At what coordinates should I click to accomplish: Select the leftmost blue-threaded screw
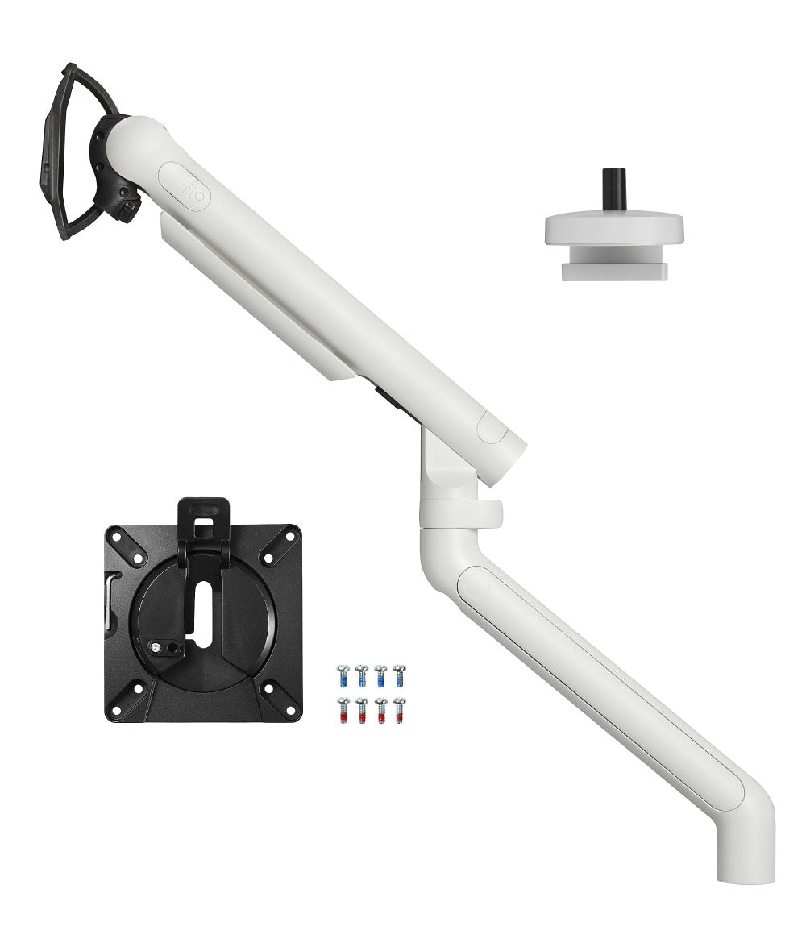click(x=343, y=675)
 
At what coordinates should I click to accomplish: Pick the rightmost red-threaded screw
click(x=399, y=710)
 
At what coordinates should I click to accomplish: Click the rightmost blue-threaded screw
click(x=399, y=675)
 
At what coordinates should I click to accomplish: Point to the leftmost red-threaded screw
click(x=343, y=710)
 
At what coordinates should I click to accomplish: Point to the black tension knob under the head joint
click(x=129, y=210)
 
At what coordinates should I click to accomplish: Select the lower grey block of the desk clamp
click(x=614, y=271)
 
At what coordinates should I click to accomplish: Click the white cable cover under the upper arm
click(x=258, y=298)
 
